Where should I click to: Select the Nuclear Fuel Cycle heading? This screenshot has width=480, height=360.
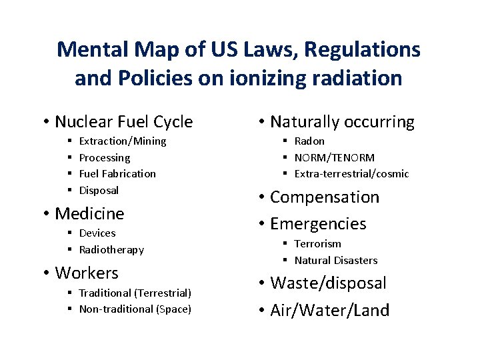click(x=123, y=122)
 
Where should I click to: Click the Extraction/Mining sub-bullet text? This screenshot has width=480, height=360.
click(x=123, y=141)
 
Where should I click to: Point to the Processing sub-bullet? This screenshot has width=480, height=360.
click(x=105, y=157)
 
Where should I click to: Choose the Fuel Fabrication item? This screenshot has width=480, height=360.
click(x=117, y=173)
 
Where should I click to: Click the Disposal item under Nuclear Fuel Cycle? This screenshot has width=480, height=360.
click(x=99, y=190)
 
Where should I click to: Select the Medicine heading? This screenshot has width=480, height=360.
click(x=89, y=213)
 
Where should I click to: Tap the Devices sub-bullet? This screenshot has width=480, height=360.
click(x=97, y=233)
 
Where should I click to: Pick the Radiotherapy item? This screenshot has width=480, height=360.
click(x=111, y=249)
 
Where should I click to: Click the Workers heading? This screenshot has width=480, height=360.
click(x=87, y=273)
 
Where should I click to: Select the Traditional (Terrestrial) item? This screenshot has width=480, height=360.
click(x=135, y=293)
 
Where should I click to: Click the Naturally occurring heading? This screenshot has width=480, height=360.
click(x=342, y=122)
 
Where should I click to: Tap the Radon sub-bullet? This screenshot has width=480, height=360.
click(x=309, y=141)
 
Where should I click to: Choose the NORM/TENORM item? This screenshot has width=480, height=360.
click(x=334, y=157)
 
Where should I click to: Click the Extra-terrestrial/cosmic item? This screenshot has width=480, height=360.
click(x=351, y=173)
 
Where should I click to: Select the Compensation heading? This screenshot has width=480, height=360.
click(x=325, y=197)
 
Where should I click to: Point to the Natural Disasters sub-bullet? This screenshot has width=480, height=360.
click(x=336, y=260)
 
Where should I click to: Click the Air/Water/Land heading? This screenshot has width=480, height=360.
click(x=330, y=310)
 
